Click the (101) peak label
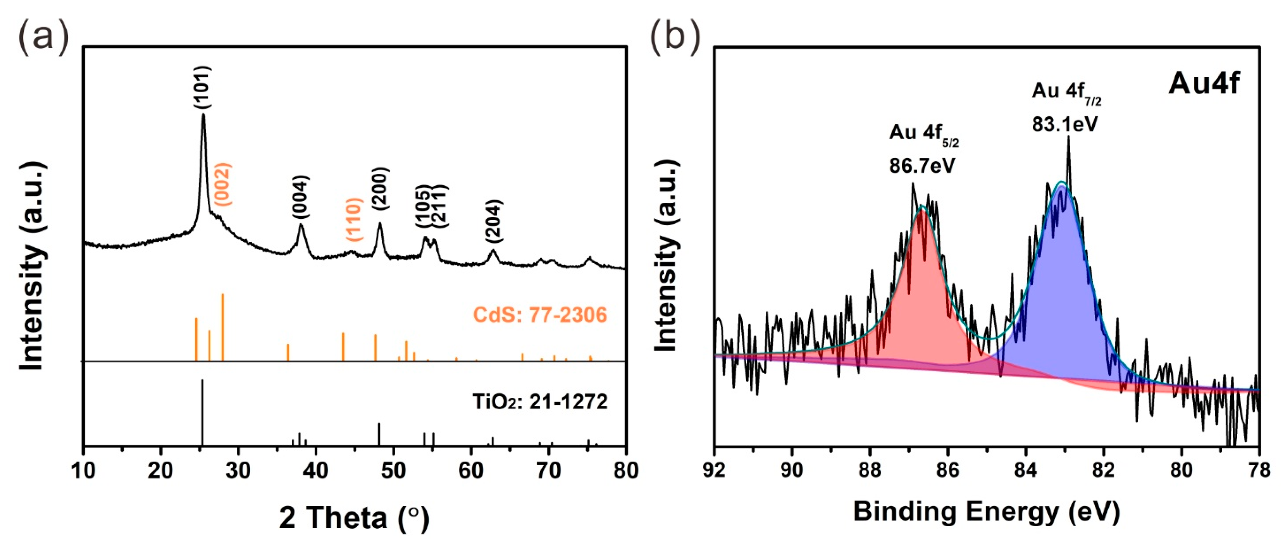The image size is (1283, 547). pyautogui.click(x=203, y=88)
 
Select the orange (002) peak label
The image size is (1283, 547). pyautogui.click(x=222, y=184)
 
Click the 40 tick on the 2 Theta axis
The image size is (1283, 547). pyautogui.click(x=316, y=470)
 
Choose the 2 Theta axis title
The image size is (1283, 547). pyautogui.click(x=354, y=518)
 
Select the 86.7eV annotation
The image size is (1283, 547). pyautogui.click(x=923, y=165)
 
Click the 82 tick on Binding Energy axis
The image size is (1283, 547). pyautogui.click(x=1104, y=470)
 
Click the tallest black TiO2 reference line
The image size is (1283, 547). pyautogui.click(x=202, y=413)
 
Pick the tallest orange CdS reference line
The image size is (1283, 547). pyautogui.click(x=222, y=327)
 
